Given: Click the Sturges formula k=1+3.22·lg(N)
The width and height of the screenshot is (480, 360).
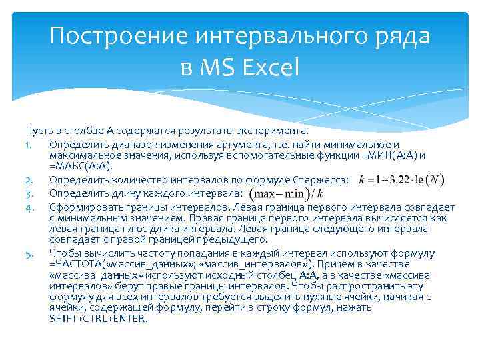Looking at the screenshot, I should pyautogui.click(x=402, y=180).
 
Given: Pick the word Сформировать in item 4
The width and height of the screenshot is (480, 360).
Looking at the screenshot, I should pyautogui.click(x=79, y=207).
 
